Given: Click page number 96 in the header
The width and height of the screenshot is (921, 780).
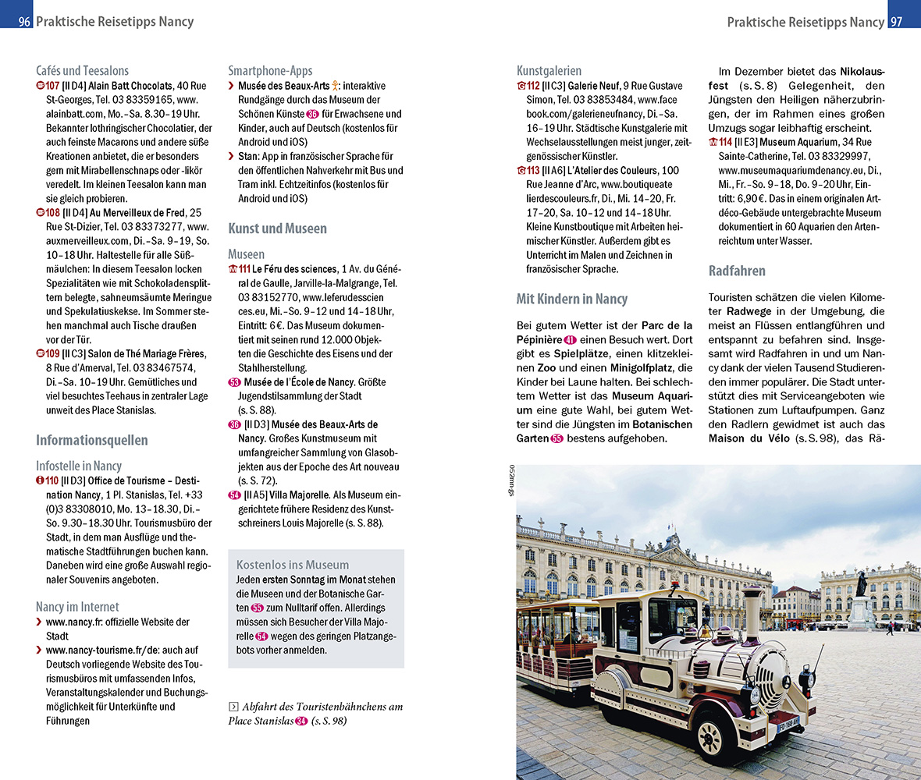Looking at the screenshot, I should point(23,22).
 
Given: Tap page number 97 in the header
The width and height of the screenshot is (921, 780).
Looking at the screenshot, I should point(896,22).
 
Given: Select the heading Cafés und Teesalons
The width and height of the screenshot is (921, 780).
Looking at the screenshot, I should point(82,70).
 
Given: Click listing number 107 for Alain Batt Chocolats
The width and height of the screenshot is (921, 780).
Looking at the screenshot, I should point(52,86).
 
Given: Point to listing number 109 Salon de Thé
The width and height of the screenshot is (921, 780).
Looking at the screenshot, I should point(52,353).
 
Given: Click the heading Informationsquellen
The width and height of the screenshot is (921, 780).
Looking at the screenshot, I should point(91,440).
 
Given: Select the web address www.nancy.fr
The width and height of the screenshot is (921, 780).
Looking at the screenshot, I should point(79,622).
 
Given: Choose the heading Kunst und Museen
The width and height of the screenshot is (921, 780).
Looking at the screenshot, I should point(277,229).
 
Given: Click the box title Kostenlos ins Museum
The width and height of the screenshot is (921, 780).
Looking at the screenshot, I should point(293,565).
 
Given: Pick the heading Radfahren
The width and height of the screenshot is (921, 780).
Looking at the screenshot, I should point(737,271).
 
